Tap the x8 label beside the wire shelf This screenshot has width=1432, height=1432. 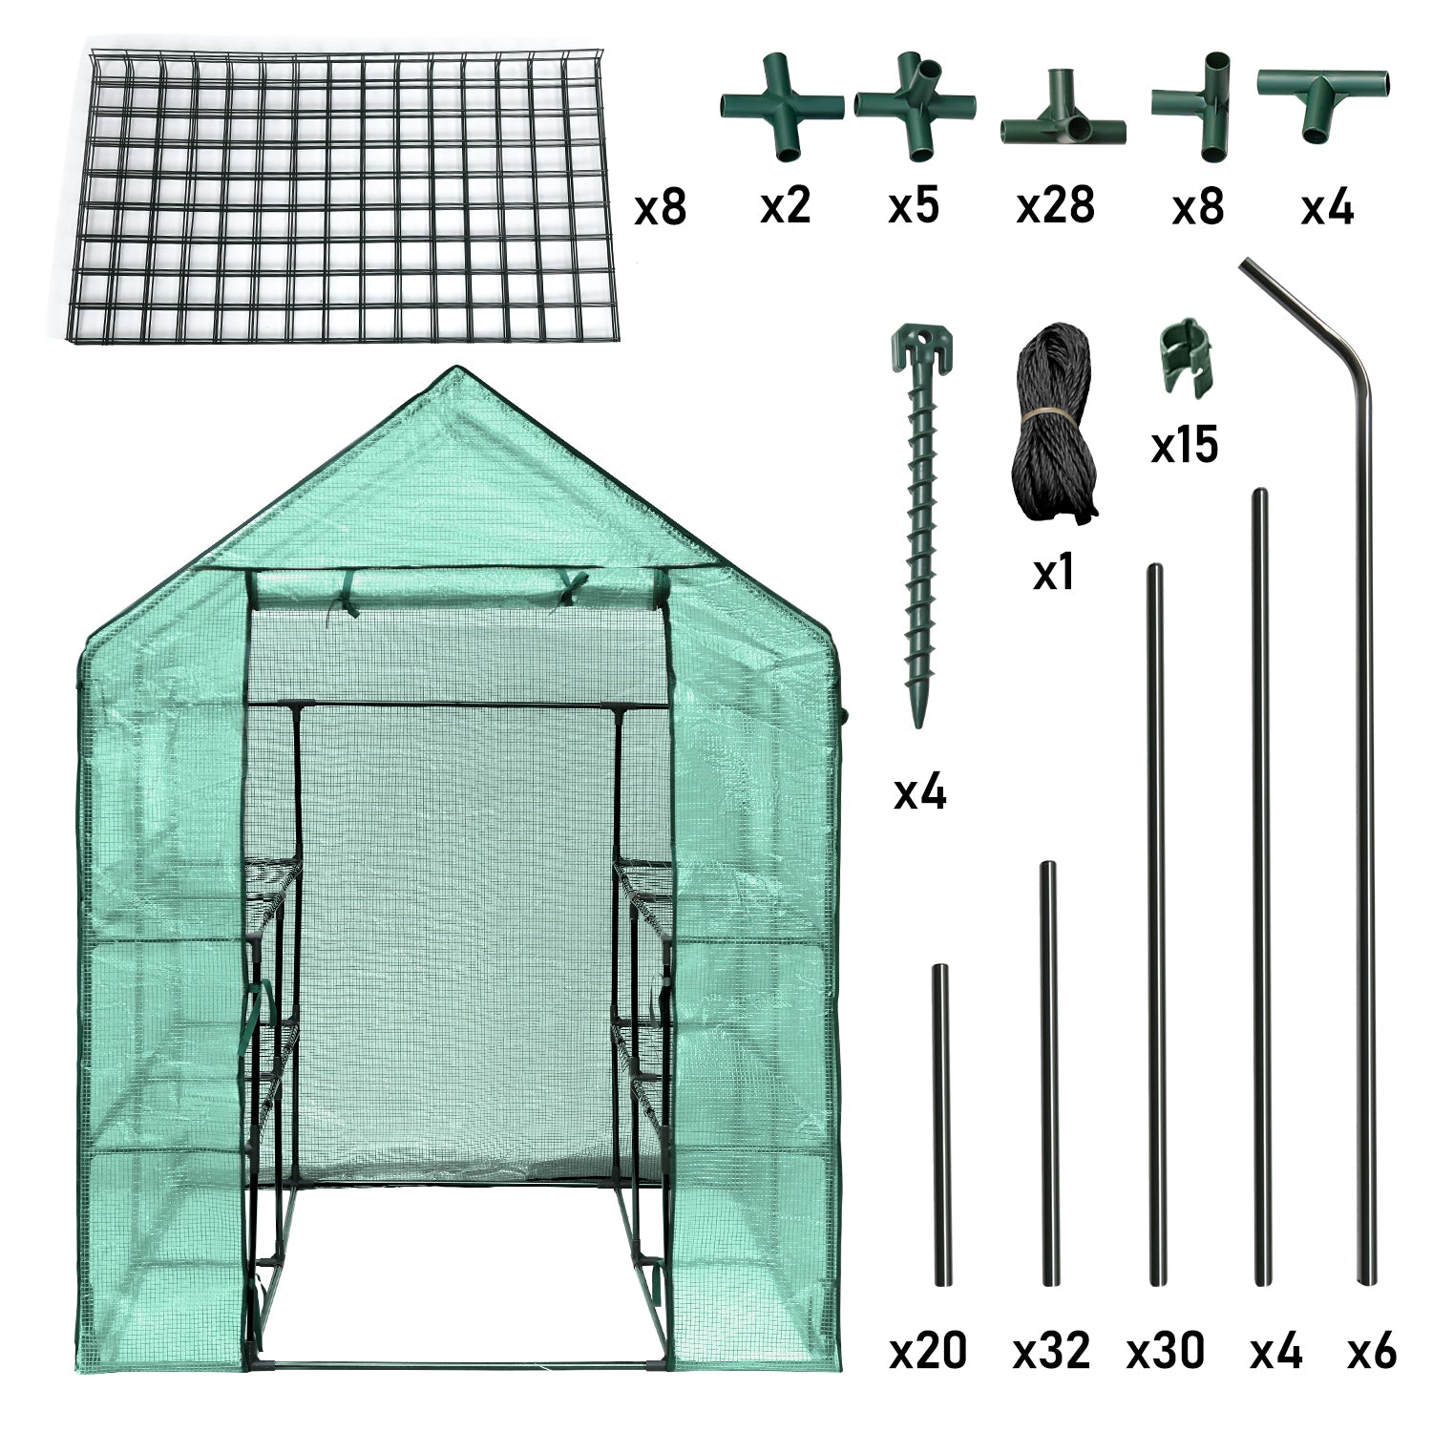click(660, 206)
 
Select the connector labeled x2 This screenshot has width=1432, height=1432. click(782, 107)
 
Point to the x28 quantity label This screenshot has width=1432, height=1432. click(1055, 205)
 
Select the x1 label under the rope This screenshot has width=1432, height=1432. click(1054, 572)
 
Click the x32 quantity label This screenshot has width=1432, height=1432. click(1051, 1351)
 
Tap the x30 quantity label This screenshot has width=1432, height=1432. click(1165, 1351)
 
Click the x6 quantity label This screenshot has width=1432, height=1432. click(1372, 1351)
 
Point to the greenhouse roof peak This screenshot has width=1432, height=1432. click(455, 370)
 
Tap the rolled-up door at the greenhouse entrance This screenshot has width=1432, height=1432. click(456, 586)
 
